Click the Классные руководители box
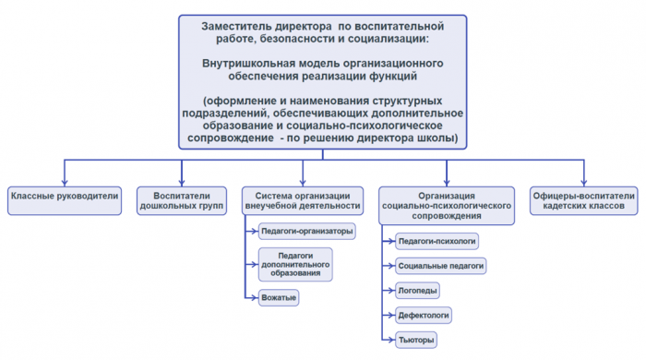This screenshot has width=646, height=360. tap(65, 196)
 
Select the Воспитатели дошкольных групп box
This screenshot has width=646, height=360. tap(182, 200)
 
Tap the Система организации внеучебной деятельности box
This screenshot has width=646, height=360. tap(303, 200)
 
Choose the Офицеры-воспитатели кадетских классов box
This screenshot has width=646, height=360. tap(583, 200)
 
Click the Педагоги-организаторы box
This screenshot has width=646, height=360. tap(306, 232)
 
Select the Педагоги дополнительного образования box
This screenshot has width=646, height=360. tap(296, 264)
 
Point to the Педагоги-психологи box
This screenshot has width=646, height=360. tap(437, 241)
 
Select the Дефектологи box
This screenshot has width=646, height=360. tap(424, 315)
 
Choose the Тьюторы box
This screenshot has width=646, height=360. tap(415, 340)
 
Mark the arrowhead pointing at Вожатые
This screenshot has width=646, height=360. tap(256, 297)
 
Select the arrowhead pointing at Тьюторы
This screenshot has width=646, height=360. tap(389, 340)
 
